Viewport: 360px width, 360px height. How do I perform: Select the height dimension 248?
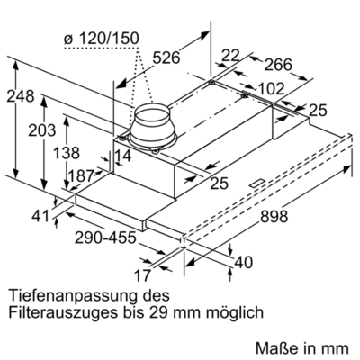tap(21, 97)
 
